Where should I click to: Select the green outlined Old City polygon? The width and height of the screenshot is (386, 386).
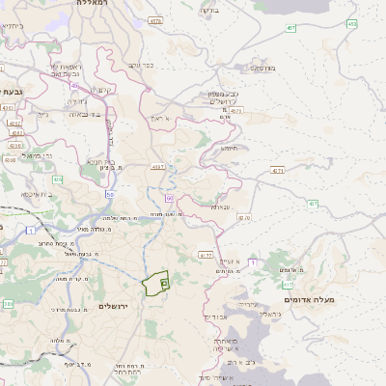click(154, 284)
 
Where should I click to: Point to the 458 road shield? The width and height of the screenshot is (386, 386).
click(351, 23)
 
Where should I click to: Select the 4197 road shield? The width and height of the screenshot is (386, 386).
click(156, 167)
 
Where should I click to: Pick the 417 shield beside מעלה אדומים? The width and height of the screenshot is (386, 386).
click(288, 285)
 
